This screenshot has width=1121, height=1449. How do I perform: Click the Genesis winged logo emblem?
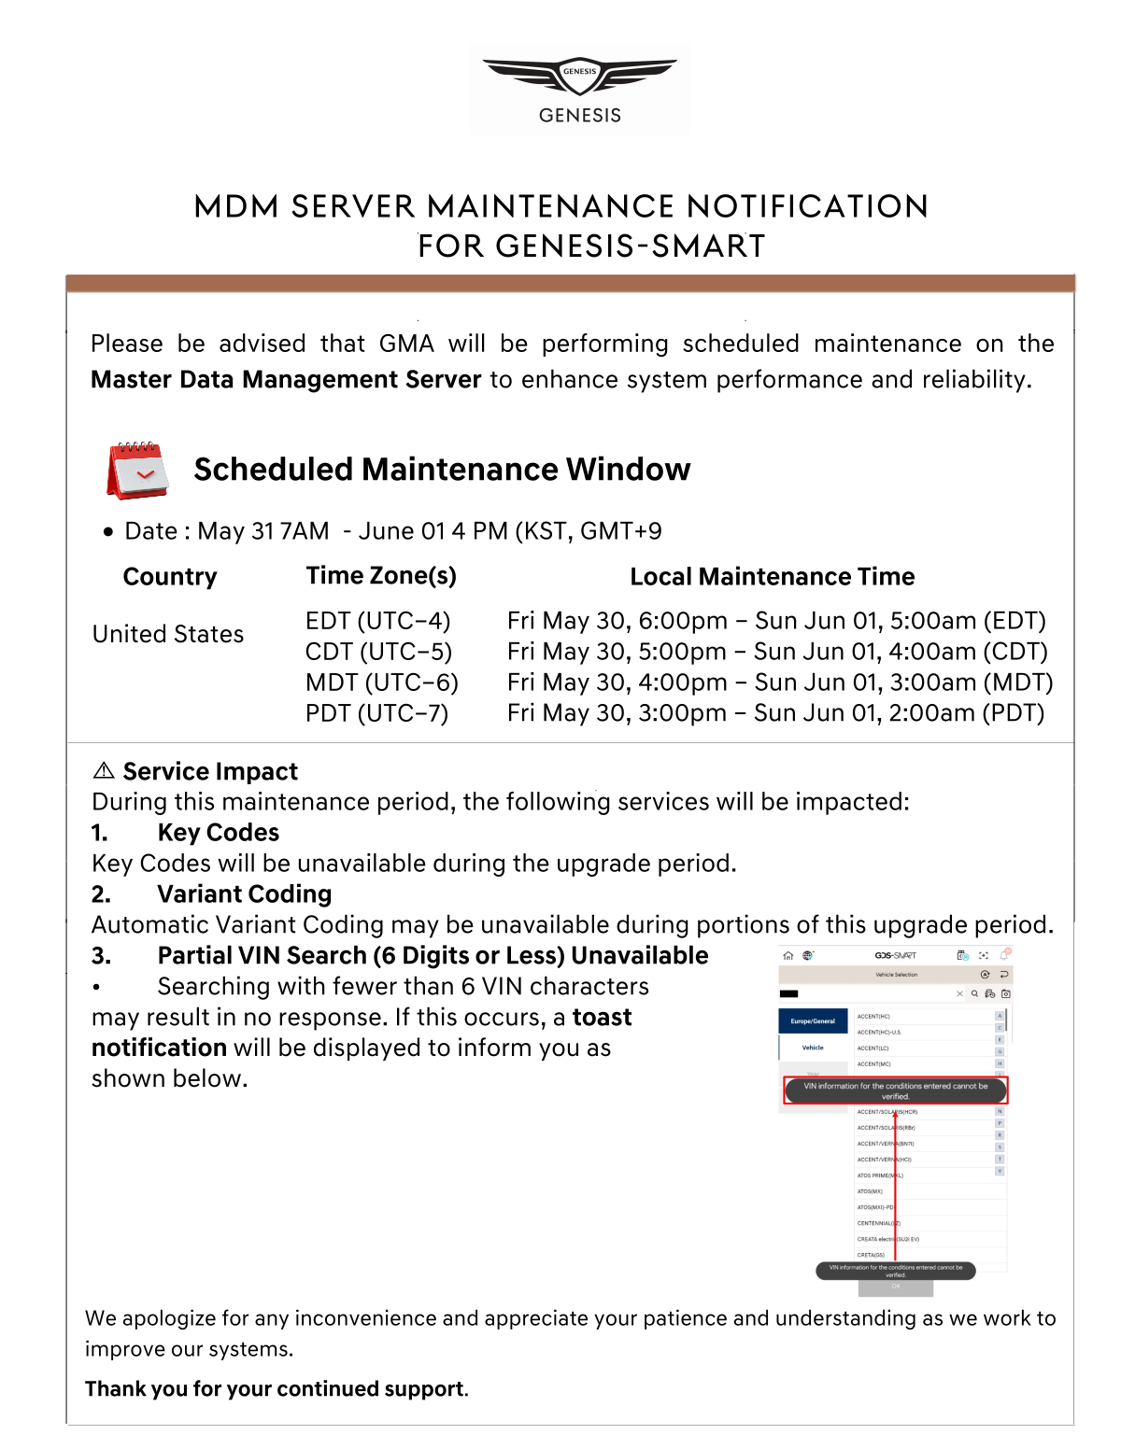click(579, 76)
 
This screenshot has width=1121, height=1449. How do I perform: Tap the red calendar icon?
click(137, 470)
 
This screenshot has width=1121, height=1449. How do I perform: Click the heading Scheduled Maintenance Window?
click(442, 469)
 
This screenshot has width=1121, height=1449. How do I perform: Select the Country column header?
click(170, 577)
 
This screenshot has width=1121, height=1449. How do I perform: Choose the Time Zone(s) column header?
click(381, 576)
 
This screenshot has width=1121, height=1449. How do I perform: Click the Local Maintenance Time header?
click(772, 577)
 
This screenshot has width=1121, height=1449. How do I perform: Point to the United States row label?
click(168, 635)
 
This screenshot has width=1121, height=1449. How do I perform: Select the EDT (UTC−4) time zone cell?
click(378, 621)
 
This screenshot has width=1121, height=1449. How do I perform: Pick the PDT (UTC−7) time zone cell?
click(377, 713)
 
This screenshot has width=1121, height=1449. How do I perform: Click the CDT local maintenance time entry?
click(777, 652)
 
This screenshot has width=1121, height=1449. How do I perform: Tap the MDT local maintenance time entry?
click(780, 682)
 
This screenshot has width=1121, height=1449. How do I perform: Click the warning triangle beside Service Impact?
click(104, 770)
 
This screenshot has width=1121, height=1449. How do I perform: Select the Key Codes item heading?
click(218, 833)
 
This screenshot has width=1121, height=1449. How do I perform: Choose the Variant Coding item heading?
click(244, 894)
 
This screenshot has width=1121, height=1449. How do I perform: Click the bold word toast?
click(602, 1018)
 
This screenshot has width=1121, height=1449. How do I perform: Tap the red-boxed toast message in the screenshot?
click(895, 1090)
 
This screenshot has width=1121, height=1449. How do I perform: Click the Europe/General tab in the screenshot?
click(813, 1021)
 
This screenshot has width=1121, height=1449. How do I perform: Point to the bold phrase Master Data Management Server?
click(286, 380)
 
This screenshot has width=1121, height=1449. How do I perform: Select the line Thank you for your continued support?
click(277, 1389)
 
